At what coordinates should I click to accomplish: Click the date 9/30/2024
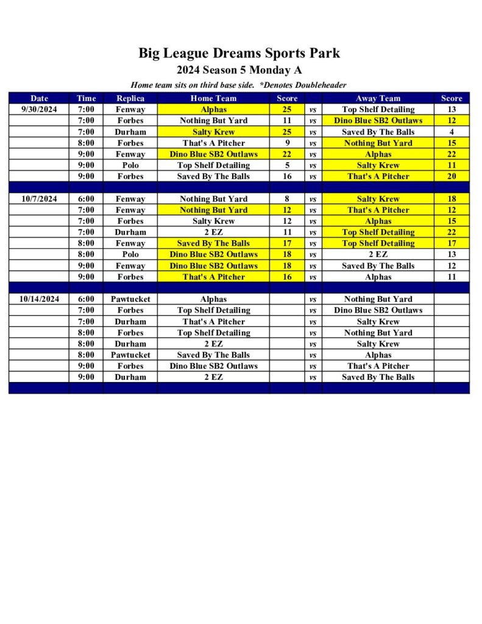pyautogui.click(x=39, y=110)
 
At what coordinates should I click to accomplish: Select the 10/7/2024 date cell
pyautogui.click(x=39, y=199)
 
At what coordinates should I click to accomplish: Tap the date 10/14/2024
pyautogui.click(x=39, y=299)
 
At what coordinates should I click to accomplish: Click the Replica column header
pyautogui.click(x=130, y=98)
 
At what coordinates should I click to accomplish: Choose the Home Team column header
pyautogui.click(x=213, y=98)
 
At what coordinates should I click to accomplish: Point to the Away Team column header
pyautogui.click(x=378, y=98)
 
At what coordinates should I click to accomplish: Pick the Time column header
pyautogui.click(x=86, y=98)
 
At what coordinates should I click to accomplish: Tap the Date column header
pyautogui.click(x=39, y=98)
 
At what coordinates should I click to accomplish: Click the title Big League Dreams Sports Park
pyautogui.click(x=239, y=53)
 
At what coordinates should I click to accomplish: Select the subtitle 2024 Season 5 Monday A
pyautogui.click(x=239, y=70)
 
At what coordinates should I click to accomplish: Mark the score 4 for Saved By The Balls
pyautogui.click(x=452, y=132)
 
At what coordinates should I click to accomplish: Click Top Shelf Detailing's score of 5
pyautogui.click(x=287, y=165)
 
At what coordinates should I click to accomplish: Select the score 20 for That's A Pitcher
pyautogui.click(x=452, y=177)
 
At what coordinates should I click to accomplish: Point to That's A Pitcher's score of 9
pyautogui.click(x=287, y=143)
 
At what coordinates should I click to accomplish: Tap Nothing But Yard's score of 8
pyautogui.click(x=287, y=199)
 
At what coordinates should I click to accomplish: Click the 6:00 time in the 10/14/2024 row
pyautogui.click(x=86, y=299)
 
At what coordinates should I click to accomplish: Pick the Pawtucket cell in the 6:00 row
pyautogui.click(x=130, y=299)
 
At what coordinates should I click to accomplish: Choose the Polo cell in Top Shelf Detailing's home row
pyautogui.click(x=130, y=165)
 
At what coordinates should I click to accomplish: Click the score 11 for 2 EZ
pyautogui.click(x=287, y=232)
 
